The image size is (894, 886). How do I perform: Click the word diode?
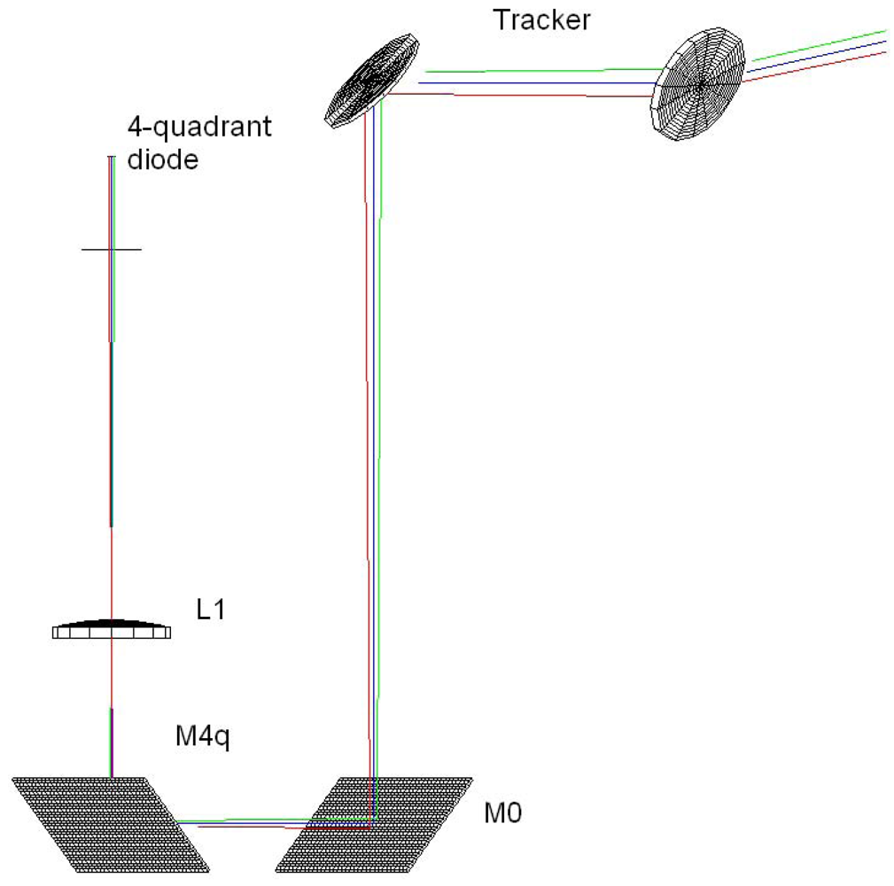[x=161, y=161]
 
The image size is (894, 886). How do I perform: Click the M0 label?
[x=501, y=812]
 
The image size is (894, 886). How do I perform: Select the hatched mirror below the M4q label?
[x=111, y=824]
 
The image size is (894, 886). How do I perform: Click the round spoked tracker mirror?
[x=699, y=84]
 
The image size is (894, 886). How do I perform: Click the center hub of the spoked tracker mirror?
[x=700, y=85]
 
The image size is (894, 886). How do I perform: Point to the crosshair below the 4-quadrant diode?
[x=111, y=250]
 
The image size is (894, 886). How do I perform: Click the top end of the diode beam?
[x=112, y=159]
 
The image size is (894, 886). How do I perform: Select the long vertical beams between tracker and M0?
[x=373, y=443]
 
